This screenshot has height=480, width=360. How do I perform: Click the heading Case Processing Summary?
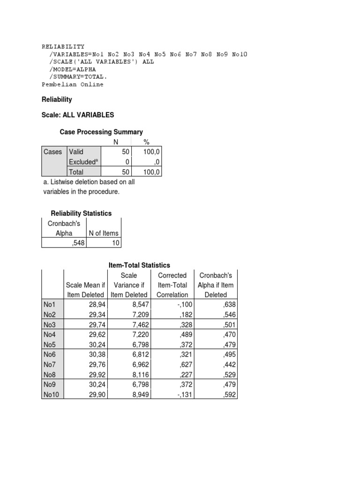click(x=101, y=132)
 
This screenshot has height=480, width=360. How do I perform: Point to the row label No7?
click(x=50, y=364)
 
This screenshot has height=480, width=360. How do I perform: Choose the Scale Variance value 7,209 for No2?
click(x=137, y=315)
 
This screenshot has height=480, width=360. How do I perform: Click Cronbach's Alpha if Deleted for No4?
click(x=227, y=335)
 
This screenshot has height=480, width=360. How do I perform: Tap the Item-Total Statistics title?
click(x=139, y=265)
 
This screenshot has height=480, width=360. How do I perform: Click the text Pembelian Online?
click(x=73, y=84)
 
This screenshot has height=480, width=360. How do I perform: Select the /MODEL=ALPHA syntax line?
click(x=72, y=69)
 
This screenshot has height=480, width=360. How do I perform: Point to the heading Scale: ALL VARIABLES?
click(x=78, y=115)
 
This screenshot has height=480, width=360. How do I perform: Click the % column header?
click(x=146, y=142)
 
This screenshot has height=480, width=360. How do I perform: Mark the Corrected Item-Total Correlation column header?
click(x=172, y=285)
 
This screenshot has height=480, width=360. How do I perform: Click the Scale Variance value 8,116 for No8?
click(x=137, y=375)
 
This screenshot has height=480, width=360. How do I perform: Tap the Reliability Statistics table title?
click(x=81, y=213)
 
